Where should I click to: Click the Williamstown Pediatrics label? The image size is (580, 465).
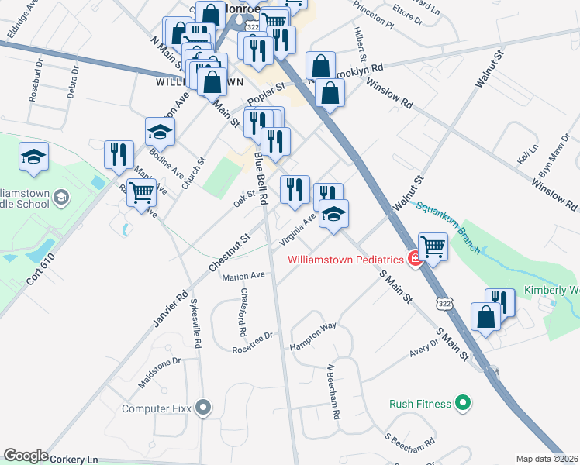347,260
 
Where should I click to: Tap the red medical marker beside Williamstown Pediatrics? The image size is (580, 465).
416,259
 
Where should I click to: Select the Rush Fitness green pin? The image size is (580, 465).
463,403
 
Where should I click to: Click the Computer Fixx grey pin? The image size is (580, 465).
204,406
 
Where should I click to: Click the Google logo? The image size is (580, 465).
26,456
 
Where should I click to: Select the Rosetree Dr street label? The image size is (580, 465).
253,343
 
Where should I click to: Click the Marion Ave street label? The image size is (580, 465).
243,276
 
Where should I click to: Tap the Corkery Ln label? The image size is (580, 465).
74,459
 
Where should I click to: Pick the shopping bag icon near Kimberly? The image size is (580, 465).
485,318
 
